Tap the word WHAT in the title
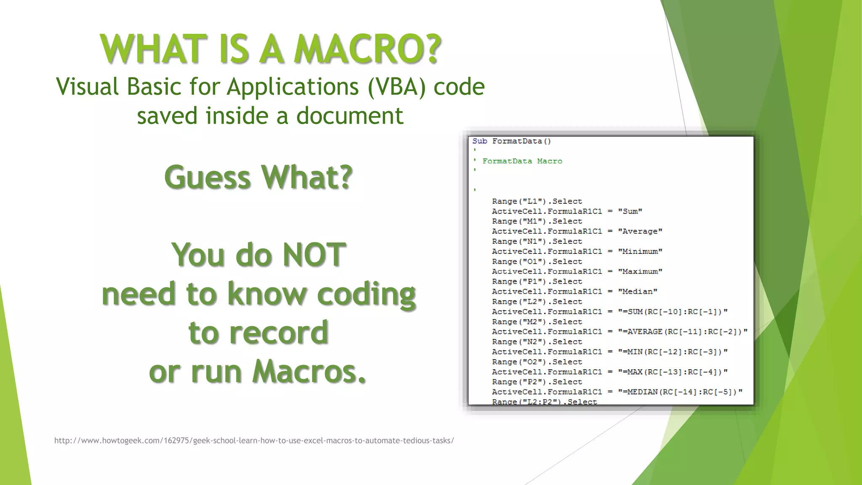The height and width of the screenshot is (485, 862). [x=154, y=49]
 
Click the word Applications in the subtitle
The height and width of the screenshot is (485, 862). [x=293, y=87]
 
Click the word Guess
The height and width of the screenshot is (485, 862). [x=208, y=177]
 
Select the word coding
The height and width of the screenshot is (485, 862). [x=366, y=294]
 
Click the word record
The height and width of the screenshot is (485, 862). [x=258, y=333]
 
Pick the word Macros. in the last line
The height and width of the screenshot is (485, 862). [x=309, y=372]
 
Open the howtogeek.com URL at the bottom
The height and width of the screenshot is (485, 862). [x=254, y=440]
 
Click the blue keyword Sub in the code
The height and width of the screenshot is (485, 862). [x=479, y=141]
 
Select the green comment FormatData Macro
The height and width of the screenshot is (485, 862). [x=522, y=161]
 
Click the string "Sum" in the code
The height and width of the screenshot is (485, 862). [x=630, y=211]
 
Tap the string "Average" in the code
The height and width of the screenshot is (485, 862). [x=640, y=232]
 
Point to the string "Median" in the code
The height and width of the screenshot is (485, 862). [x=637, y=292]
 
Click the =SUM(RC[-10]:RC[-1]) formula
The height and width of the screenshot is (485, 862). [x=672, y=312]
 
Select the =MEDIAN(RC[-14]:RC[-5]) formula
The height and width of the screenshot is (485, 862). [x=680, y=392]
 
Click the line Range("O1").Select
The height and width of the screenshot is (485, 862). [x=537, y=261]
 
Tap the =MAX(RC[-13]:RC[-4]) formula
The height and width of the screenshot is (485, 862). [x=672, y=372]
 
